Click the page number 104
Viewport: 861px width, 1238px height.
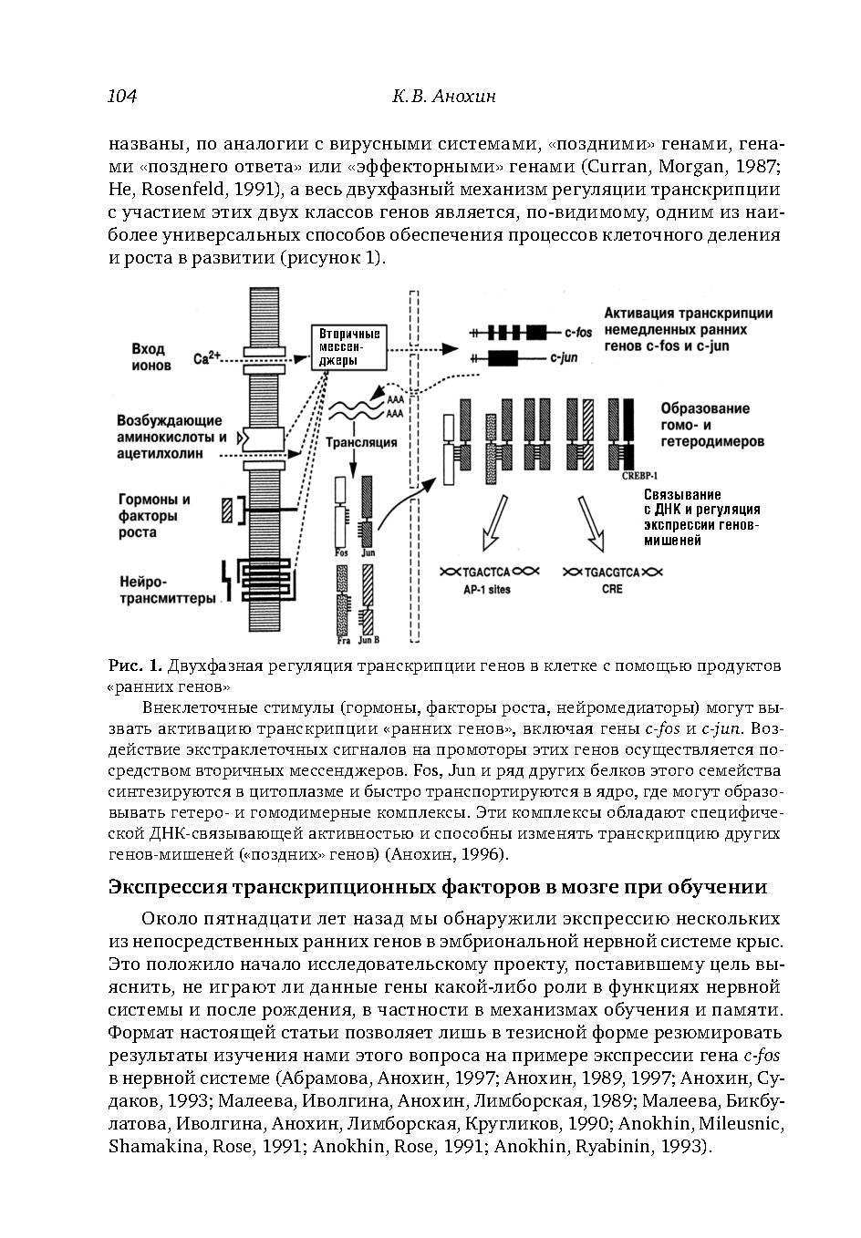122,97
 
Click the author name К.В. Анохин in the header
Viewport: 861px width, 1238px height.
443,97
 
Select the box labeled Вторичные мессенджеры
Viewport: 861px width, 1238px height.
349,347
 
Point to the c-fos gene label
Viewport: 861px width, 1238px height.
578,333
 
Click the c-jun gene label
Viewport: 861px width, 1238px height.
564,358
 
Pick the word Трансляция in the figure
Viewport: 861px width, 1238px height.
361,443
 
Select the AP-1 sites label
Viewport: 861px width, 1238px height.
487,590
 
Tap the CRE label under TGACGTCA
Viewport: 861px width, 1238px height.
612,590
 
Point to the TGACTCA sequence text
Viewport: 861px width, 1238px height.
487,572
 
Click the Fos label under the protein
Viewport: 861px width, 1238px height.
342,552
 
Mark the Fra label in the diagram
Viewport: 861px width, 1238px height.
343,641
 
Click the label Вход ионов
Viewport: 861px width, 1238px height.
150,357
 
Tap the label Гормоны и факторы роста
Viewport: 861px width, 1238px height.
154,515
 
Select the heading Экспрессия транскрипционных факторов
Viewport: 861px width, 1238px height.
437,887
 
